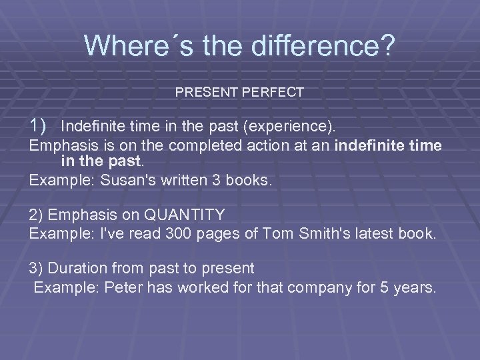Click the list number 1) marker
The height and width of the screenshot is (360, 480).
(x=37, y=124)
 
